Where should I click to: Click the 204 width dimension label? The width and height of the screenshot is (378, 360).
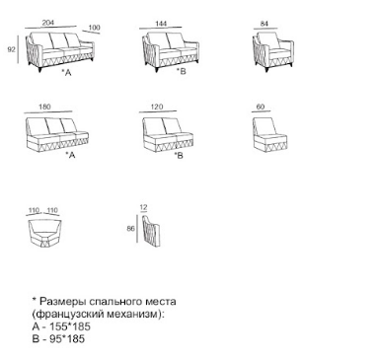(48, 23)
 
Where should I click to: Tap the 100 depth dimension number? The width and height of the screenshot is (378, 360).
(95, 28)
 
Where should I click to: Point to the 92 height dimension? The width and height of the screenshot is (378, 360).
(12, 49)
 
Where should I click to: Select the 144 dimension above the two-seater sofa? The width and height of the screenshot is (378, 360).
(161, 24)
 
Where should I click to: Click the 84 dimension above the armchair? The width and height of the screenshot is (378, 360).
(265, 24)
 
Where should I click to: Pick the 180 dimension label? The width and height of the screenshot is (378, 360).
(44, 107)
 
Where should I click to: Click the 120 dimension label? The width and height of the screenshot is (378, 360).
(157, 107)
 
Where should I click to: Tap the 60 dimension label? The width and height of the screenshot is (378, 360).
(261, 107)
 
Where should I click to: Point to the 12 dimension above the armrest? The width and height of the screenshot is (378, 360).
(143, 207)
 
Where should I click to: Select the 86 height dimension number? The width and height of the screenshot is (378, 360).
(130, 228)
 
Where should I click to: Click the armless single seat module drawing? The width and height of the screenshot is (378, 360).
(269, 134)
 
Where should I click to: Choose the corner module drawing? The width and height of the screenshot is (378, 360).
(44, 234)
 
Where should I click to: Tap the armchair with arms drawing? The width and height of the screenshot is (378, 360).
(272, 51)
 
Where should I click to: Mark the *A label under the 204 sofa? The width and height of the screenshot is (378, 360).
(67, 73)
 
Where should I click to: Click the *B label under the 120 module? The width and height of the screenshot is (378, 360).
(179, 155)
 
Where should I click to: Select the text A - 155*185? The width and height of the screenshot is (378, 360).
(61, 326)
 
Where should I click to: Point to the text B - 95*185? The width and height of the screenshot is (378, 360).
(58, 338)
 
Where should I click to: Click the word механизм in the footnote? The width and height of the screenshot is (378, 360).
(135, 314)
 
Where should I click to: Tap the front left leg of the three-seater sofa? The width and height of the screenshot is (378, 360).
(40, 69)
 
